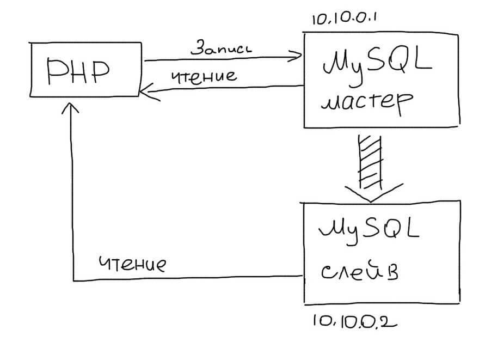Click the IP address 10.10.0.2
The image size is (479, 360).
354,320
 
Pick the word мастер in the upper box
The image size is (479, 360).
366,102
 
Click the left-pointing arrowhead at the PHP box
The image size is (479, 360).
146,93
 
